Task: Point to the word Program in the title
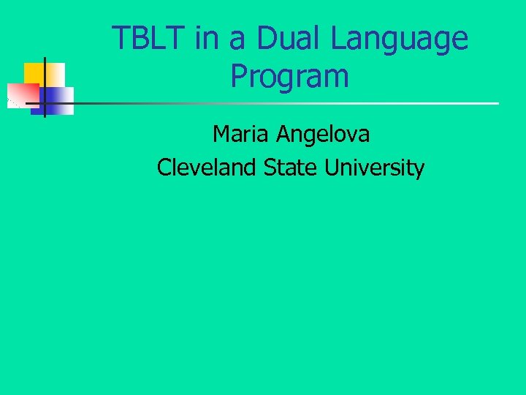click(x=290, y=75)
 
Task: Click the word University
click(x=375, y=169)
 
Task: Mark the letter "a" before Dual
click(x=236, y=41)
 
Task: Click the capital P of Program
click(x=240, y=75)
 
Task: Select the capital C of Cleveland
click(x=164, y=168)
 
